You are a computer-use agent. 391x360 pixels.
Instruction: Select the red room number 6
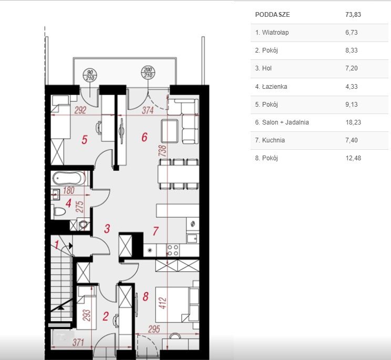click(145, 137)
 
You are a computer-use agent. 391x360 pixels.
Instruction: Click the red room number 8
click(146, 297)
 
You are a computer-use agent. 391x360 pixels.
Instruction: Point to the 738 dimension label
click(162, 151)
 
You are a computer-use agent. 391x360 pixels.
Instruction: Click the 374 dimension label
click(148, 110)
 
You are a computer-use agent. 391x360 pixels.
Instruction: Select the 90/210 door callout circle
click(90, 75)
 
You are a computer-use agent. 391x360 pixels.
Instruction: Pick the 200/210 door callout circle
click(148, 73)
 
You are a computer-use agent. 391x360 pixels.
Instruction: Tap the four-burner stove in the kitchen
click(173, 250)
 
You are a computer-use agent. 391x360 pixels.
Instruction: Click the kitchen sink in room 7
click(192, 239)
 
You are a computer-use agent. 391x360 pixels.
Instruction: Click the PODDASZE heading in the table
click(272, 15)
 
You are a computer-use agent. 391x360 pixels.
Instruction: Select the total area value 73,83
click(353, 15)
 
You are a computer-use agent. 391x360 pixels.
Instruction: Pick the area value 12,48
click(353, 158)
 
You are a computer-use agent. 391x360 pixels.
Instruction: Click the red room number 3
click(107, 229)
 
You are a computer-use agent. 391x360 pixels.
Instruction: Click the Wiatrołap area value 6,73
click(352, 33)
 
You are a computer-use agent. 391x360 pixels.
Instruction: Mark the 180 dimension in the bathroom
click(68, 191)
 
